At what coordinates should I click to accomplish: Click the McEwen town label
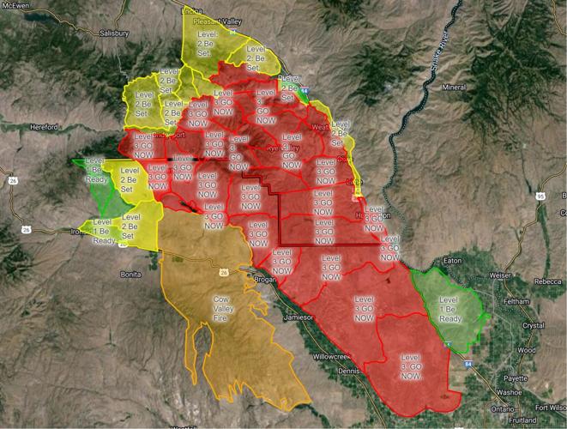coord(15,5)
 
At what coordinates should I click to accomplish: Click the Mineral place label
coord(454,88)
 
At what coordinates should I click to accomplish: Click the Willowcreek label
coord(331,355)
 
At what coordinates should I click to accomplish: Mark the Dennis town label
coord(349,370)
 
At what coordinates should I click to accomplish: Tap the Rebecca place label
coord(546,281)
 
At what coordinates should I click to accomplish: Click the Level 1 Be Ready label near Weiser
coord(451,306)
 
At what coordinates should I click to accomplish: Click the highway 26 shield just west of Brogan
coord(224,273)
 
